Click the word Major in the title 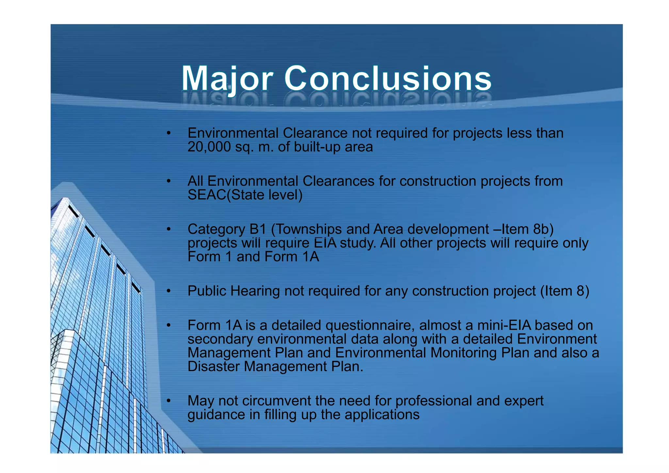tap(227, 79)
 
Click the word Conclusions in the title tap(388, 79)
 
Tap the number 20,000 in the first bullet tap(209, 147)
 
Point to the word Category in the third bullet tap(216, 229)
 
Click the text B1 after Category tap(258, 229)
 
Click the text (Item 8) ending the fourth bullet tap(565, 291)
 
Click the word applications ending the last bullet tap(382, 415)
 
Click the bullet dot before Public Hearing tap(169, 291)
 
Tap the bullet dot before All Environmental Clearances tap(169, 181)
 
